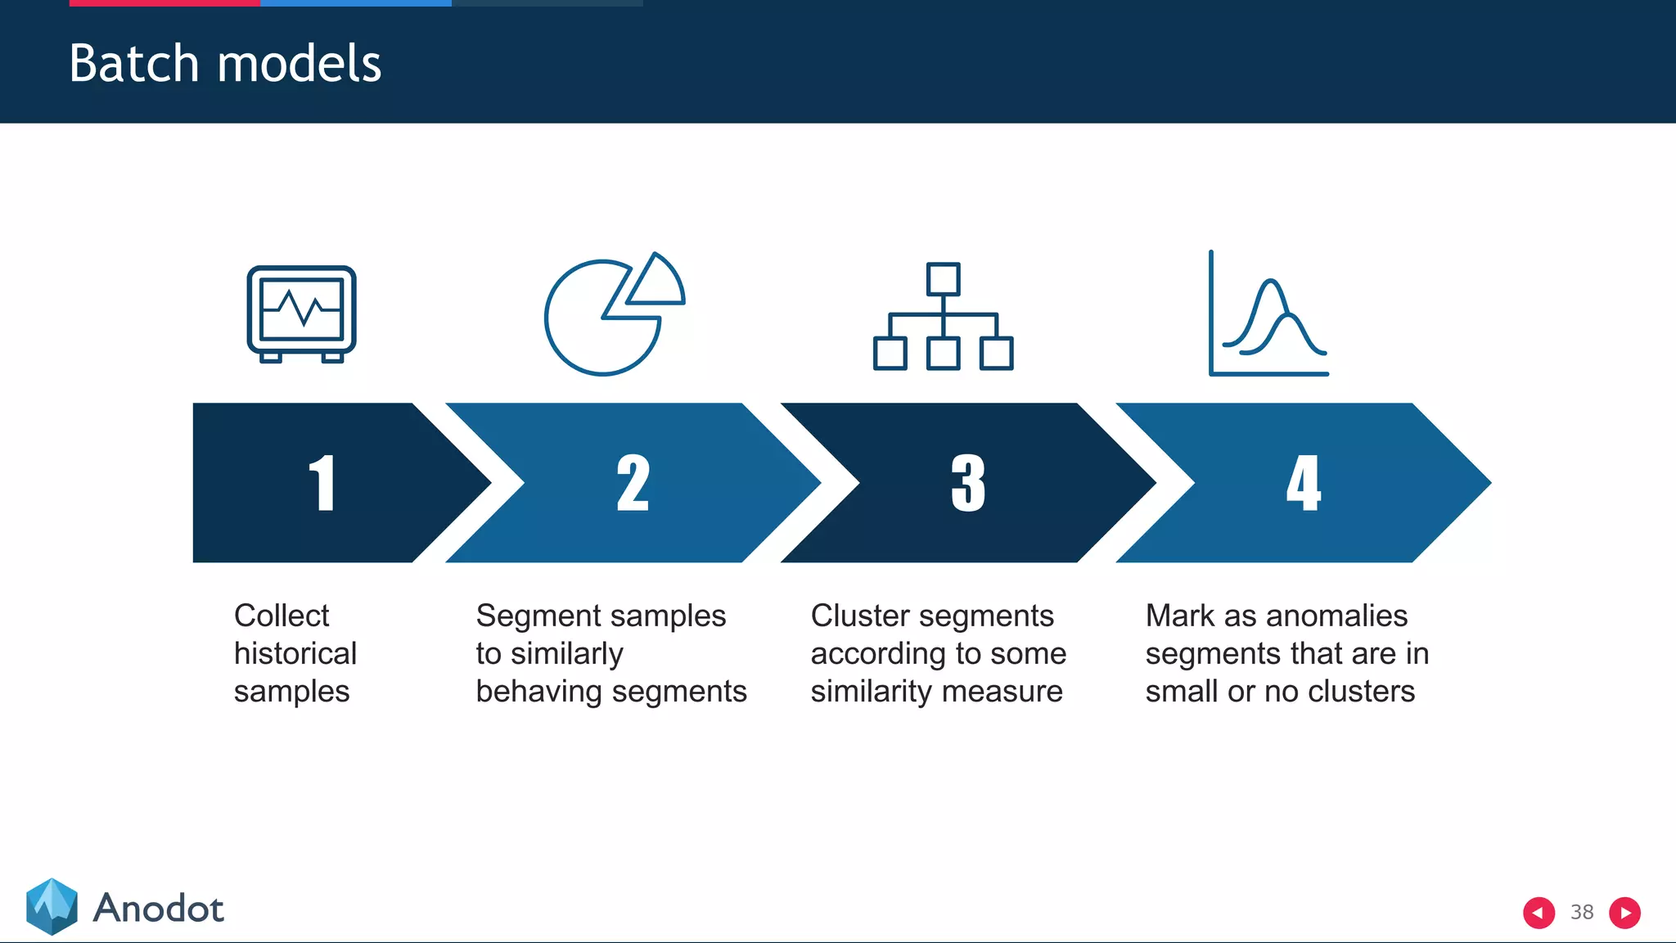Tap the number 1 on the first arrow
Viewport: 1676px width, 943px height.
(322, 483)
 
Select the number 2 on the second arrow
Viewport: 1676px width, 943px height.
(633, 483)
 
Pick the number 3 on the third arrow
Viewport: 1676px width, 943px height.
(968, 483)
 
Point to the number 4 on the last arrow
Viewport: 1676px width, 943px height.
(1303, 483)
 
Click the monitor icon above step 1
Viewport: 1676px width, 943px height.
(301, 314)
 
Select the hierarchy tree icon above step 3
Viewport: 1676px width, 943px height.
(943, 317)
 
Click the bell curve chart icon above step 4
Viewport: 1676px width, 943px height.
(1268, 315)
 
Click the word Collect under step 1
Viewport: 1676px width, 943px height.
(282, 616)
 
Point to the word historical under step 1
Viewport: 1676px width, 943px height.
(295, 653)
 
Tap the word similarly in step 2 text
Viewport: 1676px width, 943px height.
(566, 654)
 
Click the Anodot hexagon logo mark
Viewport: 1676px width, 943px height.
(52, 907)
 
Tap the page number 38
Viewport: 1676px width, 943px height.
(1582, 912)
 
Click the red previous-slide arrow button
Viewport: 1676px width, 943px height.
(1539, 913)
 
